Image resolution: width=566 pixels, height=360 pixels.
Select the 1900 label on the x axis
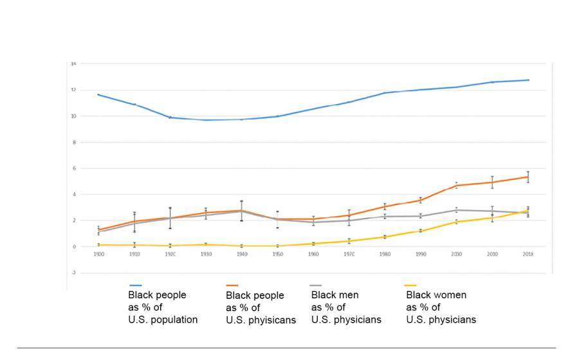click(98, 255)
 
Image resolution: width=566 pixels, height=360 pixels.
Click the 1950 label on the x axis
click(277, 255)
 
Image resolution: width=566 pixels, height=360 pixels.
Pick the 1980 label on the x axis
click(385, 255)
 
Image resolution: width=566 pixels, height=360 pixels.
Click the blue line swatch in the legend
click(136, 285)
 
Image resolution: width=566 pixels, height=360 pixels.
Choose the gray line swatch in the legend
click(317, 285)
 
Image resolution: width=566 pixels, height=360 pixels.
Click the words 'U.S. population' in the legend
click(163, 319)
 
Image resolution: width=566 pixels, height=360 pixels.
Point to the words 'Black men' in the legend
click(334, 295)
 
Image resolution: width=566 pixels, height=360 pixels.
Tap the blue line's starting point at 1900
click(98, 94)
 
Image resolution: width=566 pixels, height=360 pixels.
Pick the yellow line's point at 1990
click(420, 231)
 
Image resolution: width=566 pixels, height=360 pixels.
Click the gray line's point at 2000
click(456, 210)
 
